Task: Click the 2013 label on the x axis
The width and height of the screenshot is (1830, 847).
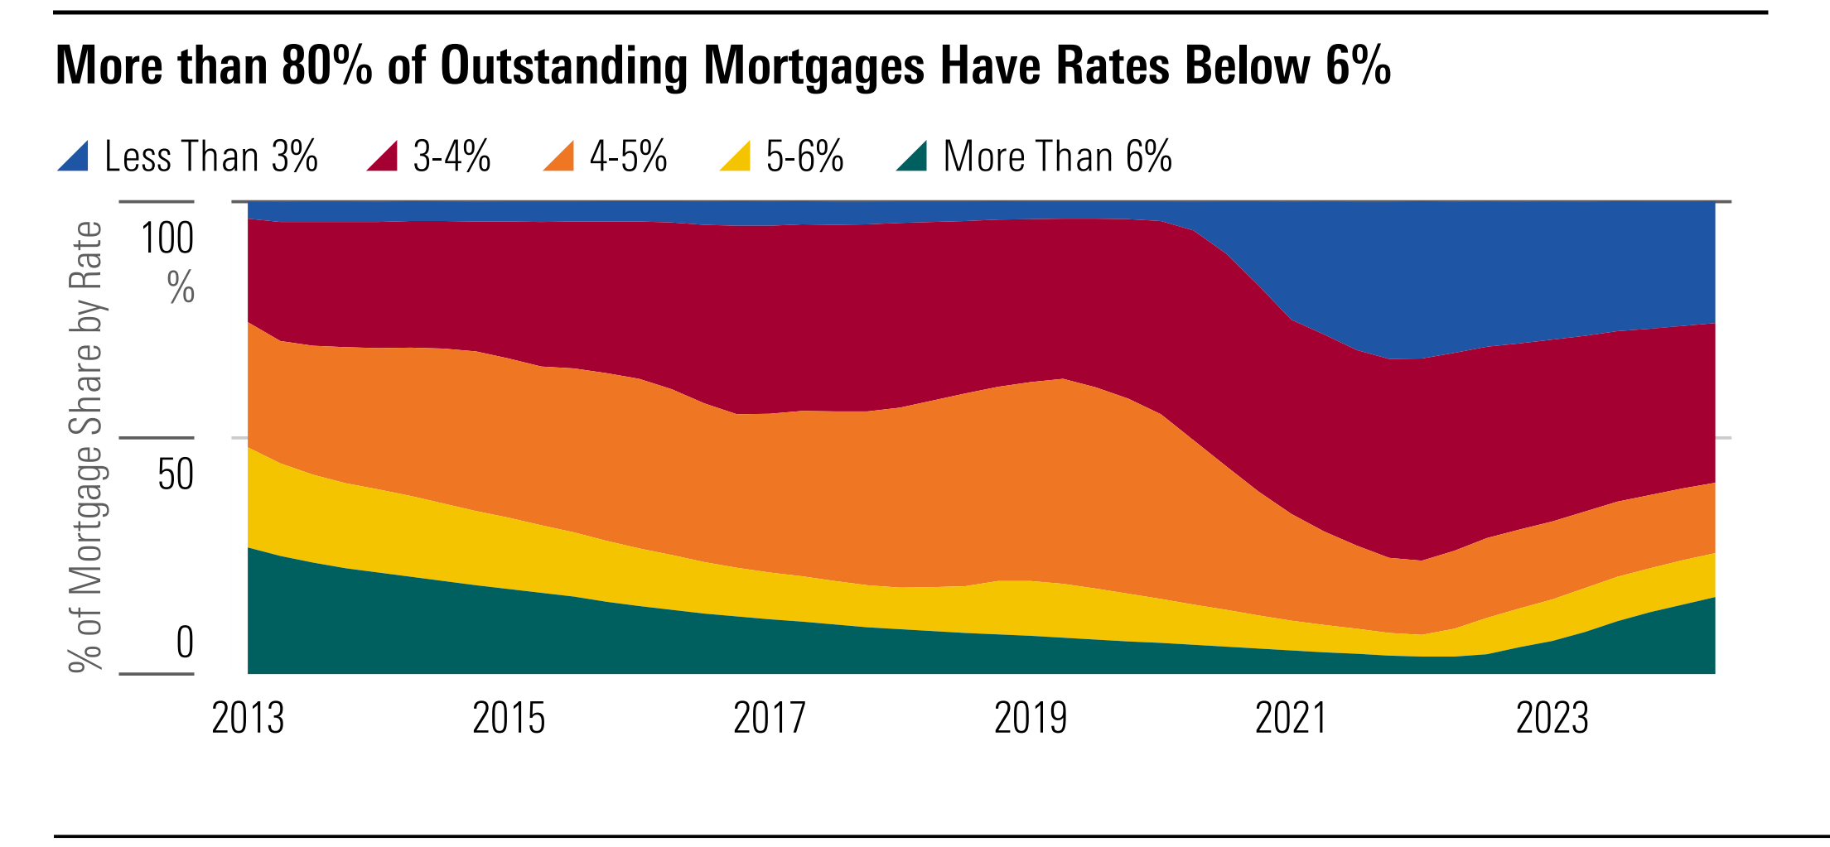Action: [248, 719]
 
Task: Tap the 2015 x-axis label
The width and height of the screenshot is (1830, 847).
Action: [509, 719]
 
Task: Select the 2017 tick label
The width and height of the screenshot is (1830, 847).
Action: [770, 719]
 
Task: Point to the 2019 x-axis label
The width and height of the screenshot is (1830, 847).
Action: [1031, 719]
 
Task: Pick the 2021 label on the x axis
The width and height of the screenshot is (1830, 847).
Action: [1292, 719]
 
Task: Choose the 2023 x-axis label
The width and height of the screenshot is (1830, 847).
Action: [1552, 719]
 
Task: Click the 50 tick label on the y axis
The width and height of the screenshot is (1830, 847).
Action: [176, 474]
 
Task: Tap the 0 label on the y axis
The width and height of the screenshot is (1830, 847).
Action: [185, 642]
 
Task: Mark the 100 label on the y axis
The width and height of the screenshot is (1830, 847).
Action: [167, 239]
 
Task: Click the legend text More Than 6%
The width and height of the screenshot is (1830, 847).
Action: [1058, 156]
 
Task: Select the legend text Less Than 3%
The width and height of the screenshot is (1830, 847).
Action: [211, 156]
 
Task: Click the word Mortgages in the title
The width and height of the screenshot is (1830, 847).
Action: [814, 66]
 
